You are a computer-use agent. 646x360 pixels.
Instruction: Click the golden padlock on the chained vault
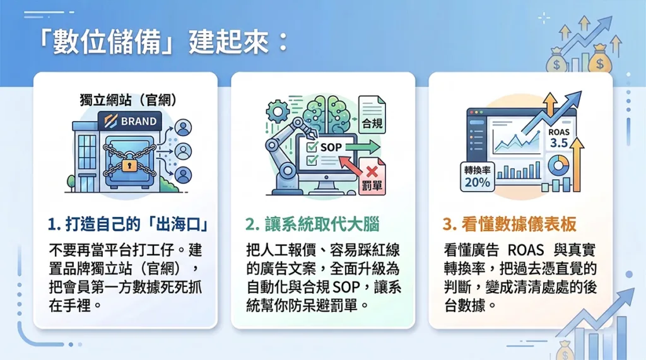pyautogui.click(x=129, y=165)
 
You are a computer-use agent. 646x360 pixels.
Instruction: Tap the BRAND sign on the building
pyautogui.click(x=130, y=121)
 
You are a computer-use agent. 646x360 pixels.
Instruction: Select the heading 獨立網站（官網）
pyautogui.click(x=128, y=100)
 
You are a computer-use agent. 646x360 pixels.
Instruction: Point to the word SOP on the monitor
pyautogui.click(x=331, y=147)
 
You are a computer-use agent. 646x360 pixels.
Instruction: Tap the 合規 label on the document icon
pyautogui.click(x=372, y=123)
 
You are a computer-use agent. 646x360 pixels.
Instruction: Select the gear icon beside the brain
pyautogui.click(x=278, y=111)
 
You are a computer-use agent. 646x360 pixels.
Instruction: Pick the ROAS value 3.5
pyautogui.click(x=559, y=143)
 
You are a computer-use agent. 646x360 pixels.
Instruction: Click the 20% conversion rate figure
pyautogui.click(x=478, y=182)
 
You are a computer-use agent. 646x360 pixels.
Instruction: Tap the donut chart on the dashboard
pyautogui.click(x=558, y=166)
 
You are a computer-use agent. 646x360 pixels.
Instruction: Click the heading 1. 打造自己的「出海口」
pyautogui.click(x=128, y=224)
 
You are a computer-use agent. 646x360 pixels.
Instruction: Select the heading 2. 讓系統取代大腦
pyautogui.click(x=312, y=224)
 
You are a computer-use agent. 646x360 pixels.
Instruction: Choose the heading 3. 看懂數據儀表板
pyautogui.click(x=510, y=224)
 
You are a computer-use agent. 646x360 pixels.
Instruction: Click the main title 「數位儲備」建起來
pyautogui.click(x=162, y=42)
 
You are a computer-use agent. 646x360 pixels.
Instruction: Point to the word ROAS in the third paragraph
pyautogui.click(x=526, y=250)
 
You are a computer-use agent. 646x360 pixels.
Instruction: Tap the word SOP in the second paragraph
pyautogui.click(x=346, y=287)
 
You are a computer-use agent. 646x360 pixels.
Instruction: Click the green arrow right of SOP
pyautogui.click(x=362, y=147)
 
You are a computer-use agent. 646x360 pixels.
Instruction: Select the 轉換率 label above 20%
pyautogui.click(x=477, y=170)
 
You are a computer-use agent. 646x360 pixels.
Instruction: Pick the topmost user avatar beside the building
pyautogui.click(x=184, y=128)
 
